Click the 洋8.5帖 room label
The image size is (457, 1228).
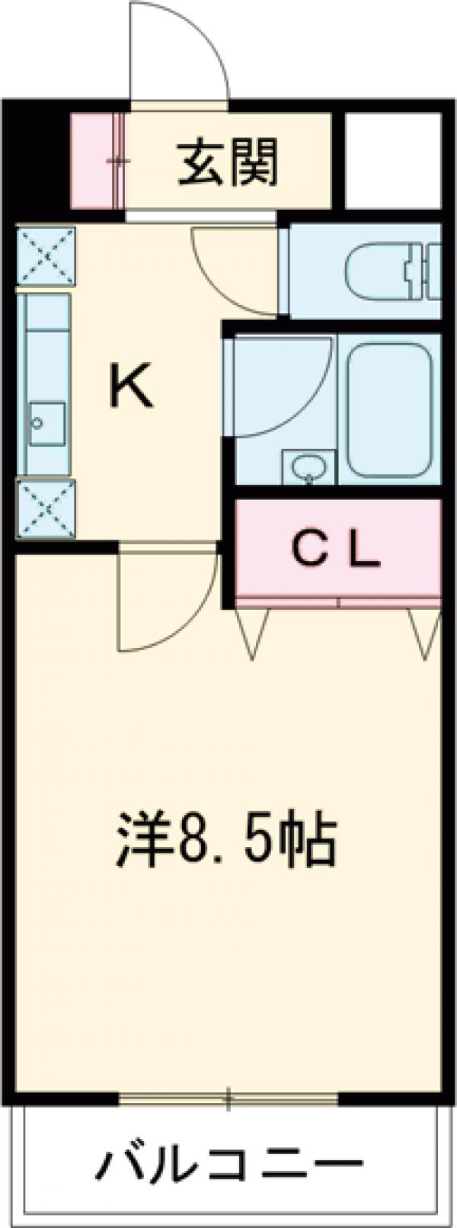[x=226, y=840]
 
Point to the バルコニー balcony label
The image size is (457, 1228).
[x=229, y=1164]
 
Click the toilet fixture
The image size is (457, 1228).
[x=392, y=271]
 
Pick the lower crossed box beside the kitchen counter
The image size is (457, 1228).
[x=46, y=509]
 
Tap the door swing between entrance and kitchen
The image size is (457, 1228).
[x=232, y=274]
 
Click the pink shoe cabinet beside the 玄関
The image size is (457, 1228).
[x=94, y=160]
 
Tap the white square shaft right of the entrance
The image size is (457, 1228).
[x=393, y=160]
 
